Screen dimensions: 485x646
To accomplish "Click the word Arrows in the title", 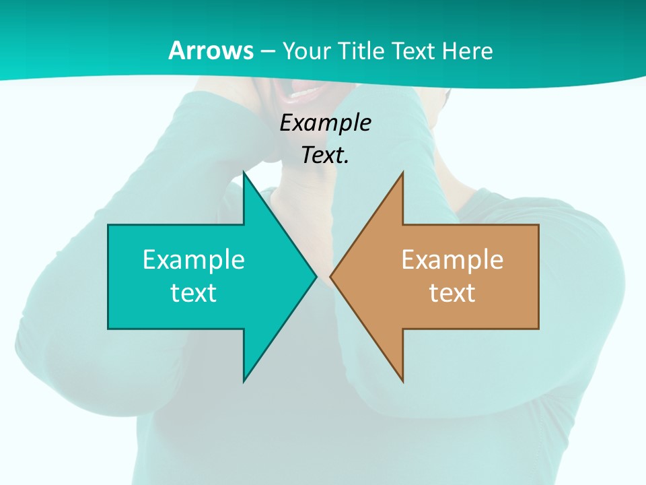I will click(211, 51).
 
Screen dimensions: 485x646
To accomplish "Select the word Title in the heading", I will click(363, 51).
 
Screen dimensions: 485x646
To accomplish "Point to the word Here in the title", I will click(468, 51).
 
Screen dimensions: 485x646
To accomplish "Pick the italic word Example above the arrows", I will click(325, 123).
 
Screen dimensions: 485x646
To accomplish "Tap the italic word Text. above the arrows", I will click(325, 155).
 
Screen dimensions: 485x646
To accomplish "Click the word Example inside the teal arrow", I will click(194, 260).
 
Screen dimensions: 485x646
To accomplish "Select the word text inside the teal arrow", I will click(194, 292).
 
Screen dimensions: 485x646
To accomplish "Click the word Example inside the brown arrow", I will click(452, 260).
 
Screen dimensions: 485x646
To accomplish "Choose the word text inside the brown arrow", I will click(452, 292).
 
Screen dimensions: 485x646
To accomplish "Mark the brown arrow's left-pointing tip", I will click(331, 276).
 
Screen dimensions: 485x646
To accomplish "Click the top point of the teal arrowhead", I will click(244, 174).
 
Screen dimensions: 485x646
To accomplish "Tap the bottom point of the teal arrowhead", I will click(244, 380).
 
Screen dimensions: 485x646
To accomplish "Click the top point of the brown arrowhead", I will click(402, 174).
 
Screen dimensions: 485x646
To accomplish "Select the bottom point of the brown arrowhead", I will click(402, 380).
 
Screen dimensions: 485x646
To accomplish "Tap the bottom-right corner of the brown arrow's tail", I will click(538, 328).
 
